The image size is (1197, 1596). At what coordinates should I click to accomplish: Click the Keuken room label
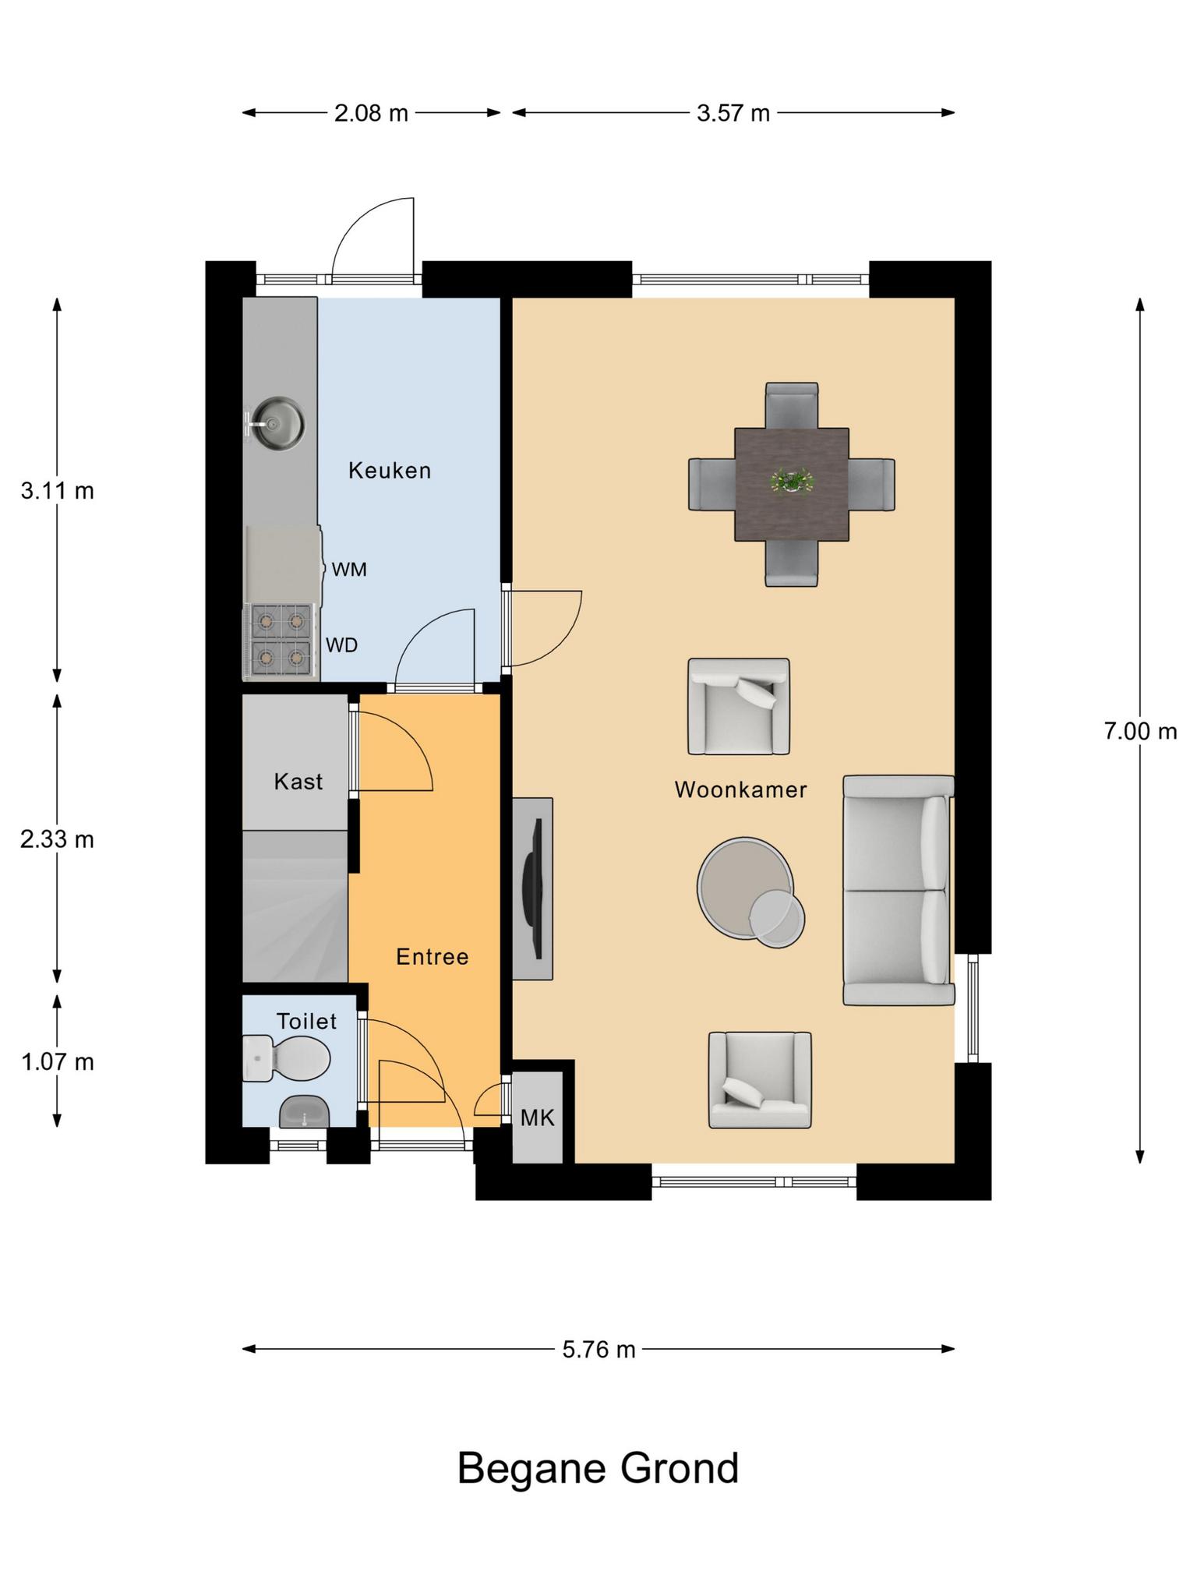click(x=390, y=470)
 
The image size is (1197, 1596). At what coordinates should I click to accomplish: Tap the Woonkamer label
click(x=740, y=789)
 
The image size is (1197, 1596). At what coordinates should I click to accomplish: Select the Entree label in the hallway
click(x=433, y=956)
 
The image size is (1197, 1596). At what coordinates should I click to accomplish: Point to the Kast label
click(x=298, y=781)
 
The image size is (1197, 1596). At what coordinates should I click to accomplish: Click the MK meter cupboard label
click(x=538, y=1118)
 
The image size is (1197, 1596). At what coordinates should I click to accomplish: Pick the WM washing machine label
click(x=349, y=570)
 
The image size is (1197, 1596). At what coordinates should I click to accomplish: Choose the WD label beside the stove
click(x=341, y=645)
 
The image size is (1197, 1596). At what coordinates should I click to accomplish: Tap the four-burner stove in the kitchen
click(x=281, y=640)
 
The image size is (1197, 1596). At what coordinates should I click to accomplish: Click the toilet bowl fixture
click(x=286, y=1058)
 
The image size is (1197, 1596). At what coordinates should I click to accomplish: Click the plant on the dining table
click(x=792, y=481)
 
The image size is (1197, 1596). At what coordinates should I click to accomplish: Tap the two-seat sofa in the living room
click(x=899, y=890)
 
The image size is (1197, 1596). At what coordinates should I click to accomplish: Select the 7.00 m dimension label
click(x=1140, y=731)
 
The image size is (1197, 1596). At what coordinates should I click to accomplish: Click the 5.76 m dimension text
click(x=598, y=1349)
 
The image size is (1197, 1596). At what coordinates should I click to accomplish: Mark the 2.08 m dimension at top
click(x=371, y=113)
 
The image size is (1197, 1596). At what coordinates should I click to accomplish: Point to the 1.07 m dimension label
click(x=57, y=1061)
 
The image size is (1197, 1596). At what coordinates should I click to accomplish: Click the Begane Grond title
click(x=598, y=1468)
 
